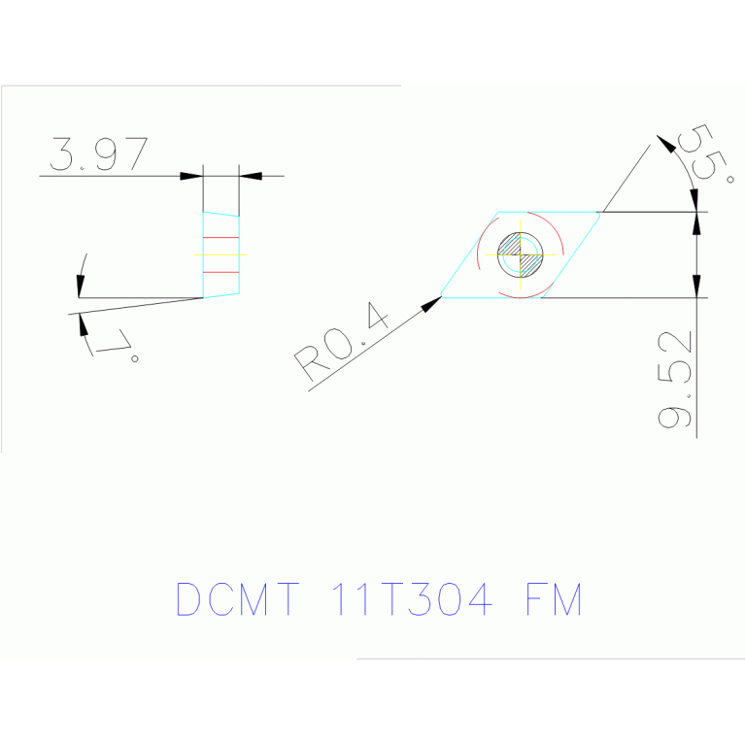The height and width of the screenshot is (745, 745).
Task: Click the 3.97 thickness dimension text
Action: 99,154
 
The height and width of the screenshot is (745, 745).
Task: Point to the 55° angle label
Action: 711,152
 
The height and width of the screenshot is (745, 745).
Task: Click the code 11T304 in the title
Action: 412,599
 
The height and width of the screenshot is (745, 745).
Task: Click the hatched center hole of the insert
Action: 521,254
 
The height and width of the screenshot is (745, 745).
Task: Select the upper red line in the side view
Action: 220,237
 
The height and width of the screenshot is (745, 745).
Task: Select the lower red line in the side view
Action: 220,245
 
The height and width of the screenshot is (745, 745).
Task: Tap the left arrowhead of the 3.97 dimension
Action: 192,176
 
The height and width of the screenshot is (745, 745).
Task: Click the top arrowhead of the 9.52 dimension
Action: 696,222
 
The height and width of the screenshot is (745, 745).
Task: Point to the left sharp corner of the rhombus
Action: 443,296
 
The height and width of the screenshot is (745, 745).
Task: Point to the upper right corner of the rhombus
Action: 600,212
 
